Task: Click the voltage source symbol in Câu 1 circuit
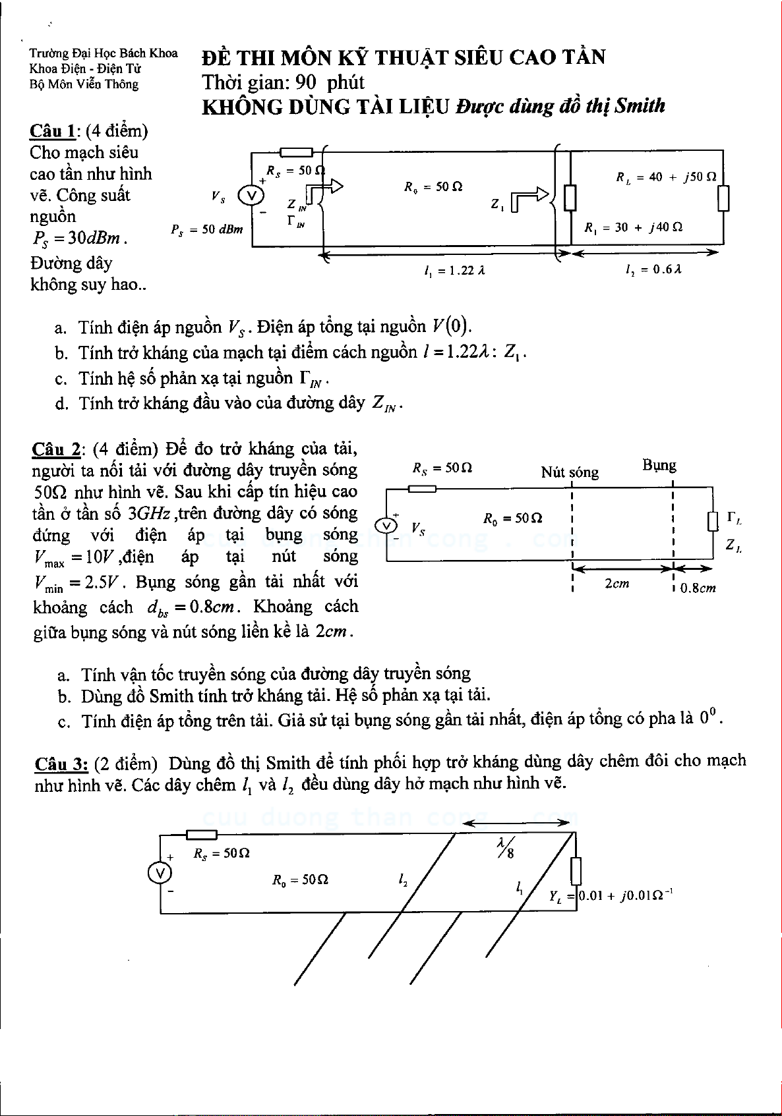pyautogui.click(x=251, y=196)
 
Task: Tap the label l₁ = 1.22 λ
pyautogui.click(x=455, y=269)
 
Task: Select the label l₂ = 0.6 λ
pyautogui.click(x=653, y=269)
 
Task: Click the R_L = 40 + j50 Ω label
pyautogui.click(x=666, y=177)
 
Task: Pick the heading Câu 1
pyautogui.click(x=52, y=131)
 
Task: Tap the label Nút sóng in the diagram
pyautogui.click(x=570, y=472)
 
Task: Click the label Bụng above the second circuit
pyautogui.click(x=659, y=466)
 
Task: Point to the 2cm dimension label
pyautogui.click(x=617, y=583)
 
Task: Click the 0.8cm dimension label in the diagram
pyautogui.click(x=698, y=588)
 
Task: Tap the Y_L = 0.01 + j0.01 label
pyautogui.click(x=611, y=895)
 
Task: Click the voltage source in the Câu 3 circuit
pyautogui.click(x=160, y=872)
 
